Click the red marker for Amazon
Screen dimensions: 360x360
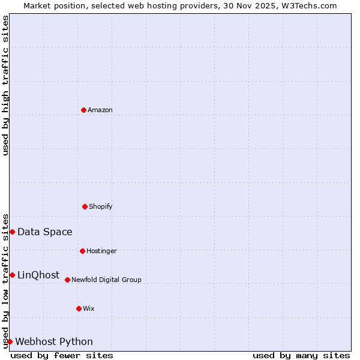point(83,110)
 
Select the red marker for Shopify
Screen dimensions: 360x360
point(85,206)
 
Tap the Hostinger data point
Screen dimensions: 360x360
point(82,251)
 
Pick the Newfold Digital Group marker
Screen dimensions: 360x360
point(67,280)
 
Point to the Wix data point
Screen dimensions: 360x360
point(79,308)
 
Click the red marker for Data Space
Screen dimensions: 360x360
point(12,232)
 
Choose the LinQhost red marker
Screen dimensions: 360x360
point(12,275)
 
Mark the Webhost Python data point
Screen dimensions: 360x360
point(10,341)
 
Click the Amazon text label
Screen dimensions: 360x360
point(100,110)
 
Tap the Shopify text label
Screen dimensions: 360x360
point(101,206)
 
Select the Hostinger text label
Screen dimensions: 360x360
point(101,251)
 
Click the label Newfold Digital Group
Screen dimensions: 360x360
point(106,280)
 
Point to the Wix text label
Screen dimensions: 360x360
point(89,308)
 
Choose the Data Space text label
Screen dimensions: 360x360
point(45,232)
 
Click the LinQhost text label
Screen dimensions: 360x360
point(38,275)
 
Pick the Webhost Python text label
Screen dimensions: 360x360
point(54,341)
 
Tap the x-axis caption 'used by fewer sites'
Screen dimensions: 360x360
point(62,355)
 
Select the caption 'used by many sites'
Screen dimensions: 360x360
point(301,355)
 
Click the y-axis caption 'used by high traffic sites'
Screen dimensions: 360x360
point(5,85)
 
